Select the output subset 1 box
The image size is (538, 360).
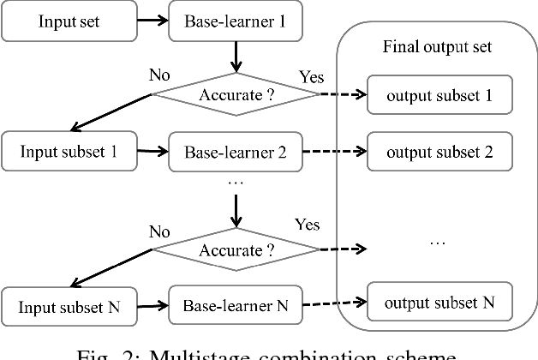coord(438,96)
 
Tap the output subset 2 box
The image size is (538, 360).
coord(438,153)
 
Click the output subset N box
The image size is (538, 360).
coord(438,302)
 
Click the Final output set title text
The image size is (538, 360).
coord(437,46)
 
